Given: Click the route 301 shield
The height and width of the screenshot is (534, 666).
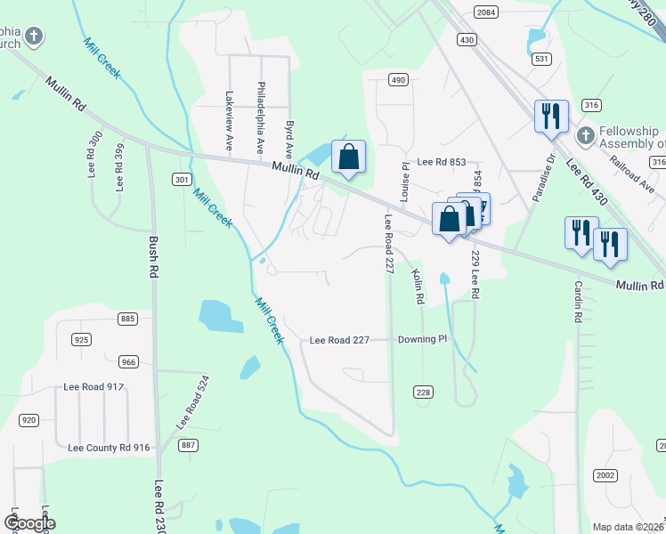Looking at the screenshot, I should coord(182,180).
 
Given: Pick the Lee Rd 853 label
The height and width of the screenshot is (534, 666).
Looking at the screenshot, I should coord(442,161).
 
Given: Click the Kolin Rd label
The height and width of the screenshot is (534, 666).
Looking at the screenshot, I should coord(417,288).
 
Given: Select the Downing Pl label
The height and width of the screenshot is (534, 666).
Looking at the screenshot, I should coord(422,339).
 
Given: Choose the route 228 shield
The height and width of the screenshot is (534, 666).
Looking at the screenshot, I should coord(423,392).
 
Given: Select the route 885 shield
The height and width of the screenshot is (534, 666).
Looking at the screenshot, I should coord(128,319).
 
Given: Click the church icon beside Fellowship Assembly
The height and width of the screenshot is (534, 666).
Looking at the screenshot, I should coord(584,135).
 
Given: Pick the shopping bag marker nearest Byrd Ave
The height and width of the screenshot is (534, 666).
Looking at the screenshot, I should coord(349,157).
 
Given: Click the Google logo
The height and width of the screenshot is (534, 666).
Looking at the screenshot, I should coord(29,523).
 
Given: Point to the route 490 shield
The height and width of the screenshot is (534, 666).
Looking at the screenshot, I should coord(397,80).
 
